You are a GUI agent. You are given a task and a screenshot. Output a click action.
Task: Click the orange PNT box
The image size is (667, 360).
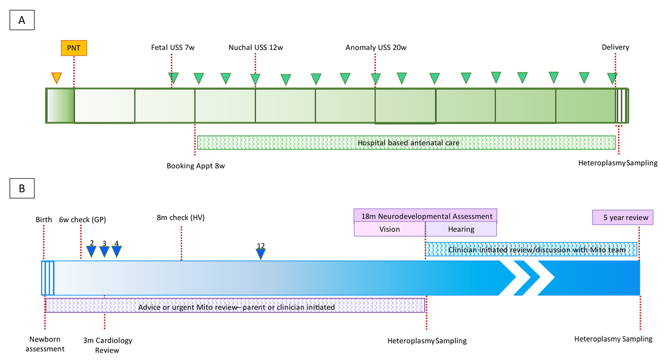coord(74,48)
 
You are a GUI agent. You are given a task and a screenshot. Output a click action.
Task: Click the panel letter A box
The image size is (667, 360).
coord(22,20)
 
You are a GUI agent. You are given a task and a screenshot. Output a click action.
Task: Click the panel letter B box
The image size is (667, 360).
coord(22,188)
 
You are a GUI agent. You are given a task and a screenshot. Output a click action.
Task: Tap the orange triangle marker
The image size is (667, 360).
coord(56,78)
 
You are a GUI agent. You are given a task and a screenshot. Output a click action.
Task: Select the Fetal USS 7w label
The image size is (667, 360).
coord(173,48)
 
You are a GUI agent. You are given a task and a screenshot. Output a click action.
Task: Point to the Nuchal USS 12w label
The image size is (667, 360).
coord(256,48)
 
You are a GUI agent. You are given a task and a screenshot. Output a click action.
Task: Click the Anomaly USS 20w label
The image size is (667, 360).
coord(376,48)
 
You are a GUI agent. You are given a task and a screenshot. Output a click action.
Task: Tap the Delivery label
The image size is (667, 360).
coord(615,48)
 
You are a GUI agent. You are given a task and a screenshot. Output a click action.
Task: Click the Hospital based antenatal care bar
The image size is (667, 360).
coord(406,143)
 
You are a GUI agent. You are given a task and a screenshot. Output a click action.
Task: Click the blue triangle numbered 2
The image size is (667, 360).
coord(92,252)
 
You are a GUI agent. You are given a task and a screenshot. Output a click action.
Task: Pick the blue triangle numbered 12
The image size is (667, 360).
coord(261,254)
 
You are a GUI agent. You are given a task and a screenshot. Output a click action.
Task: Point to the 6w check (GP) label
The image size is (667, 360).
coord(82,219)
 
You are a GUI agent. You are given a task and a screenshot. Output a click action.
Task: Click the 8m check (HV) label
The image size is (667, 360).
coord(181,217)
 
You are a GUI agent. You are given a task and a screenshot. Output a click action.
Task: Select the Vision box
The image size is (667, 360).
coord(390,229)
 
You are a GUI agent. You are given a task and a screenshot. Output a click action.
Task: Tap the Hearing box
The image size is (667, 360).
coord(461,229)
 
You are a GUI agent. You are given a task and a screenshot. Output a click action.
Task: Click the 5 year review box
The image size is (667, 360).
coord(622,217)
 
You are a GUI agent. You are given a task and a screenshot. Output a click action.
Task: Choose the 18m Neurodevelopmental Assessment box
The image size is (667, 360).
coord(425,216)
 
